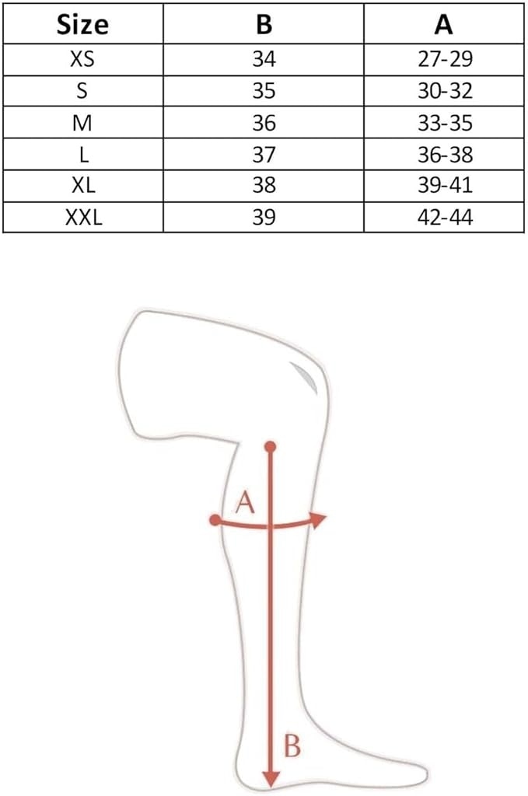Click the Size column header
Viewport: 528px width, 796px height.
point(82,24)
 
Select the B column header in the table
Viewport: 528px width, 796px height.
point(264,24)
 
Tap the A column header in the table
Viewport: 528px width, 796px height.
point(443,24)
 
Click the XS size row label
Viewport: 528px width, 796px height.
point(82,59)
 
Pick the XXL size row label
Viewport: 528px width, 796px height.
point(84,218)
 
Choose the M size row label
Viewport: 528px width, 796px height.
point(82,123)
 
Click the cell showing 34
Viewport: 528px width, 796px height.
point(264,59)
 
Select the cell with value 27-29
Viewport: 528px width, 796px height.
point(446,59)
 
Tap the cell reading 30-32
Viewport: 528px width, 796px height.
point(446,91)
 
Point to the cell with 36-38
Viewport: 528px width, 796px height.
point(446,155)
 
